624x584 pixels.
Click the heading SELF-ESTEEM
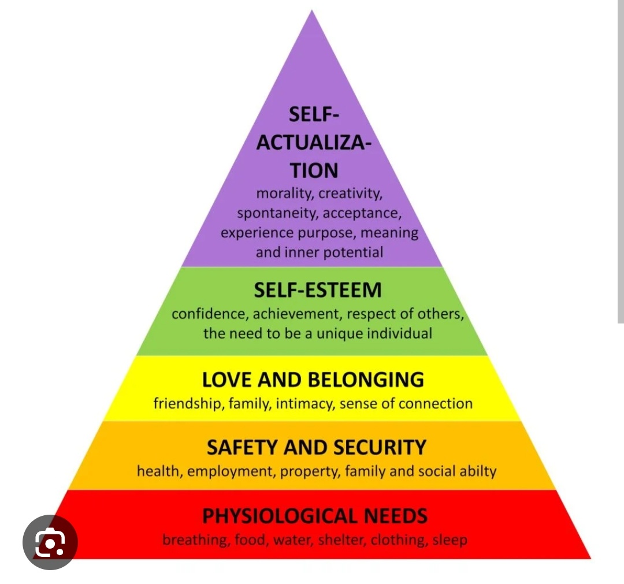318,290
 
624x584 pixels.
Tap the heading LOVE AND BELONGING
313,380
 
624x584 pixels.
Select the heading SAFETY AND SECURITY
316,448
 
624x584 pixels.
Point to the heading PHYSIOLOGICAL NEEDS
315,515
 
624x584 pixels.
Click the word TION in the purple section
314,171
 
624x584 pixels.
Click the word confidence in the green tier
209,314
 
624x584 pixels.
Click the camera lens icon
50,542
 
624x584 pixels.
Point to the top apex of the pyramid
312,12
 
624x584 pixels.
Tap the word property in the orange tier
310,471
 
